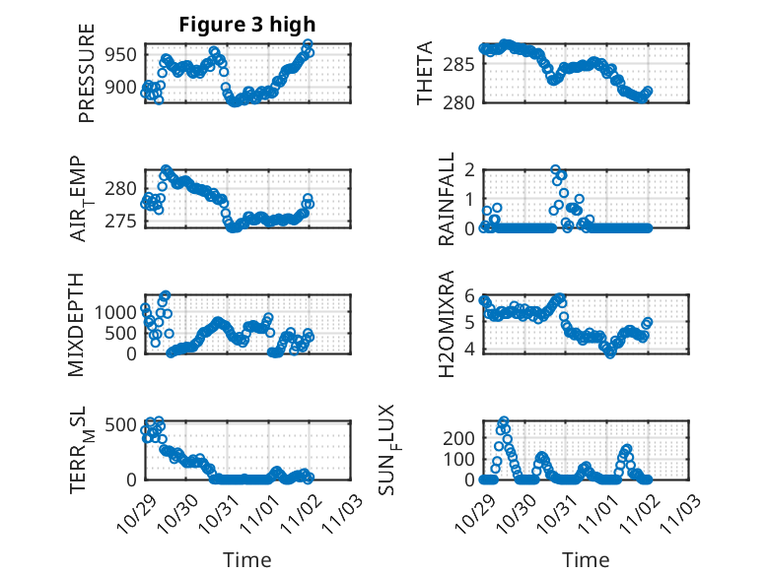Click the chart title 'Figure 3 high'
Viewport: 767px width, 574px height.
246,24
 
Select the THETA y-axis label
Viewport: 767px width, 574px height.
425,73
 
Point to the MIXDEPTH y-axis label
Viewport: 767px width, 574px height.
77,324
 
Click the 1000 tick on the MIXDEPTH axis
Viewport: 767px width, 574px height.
116,311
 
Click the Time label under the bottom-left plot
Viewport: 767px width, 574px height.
246,559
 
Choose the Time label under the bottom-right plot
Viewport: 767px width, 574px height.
586,559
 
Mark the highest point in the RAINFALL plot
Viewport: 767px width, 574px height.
556,169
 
